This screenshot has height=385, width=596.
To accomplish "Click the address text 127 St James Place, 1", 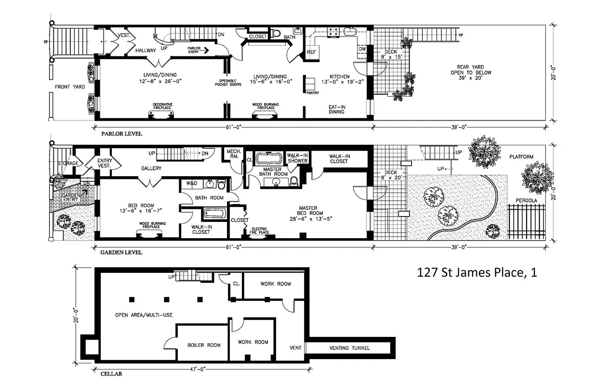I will click(477, 273).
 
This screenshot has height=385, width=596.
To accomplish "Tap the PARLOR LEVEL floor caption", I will click(121, 134).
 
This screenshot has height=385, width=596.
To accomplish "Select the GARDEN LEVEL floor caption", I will click(121, 252).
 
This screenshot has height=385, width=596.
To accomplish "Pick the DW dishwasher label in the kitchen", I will click(362, 49).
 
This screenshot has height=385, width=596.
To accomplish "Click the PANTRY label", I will click(313, 93).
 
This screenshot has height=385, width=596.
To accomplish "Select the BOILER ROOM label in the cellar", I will click(204, 345).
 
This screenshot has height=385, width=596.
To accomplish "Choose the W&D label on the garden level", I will click(191, 183).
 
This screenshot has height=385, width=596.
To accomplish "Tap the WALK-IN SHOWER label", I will click(298, 158).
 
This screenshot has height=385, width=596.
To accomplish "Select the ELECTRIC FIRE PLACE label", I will click(259, 231).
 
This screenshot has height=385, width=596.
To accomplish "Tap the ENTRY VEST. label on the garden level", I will click(105, 163).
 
